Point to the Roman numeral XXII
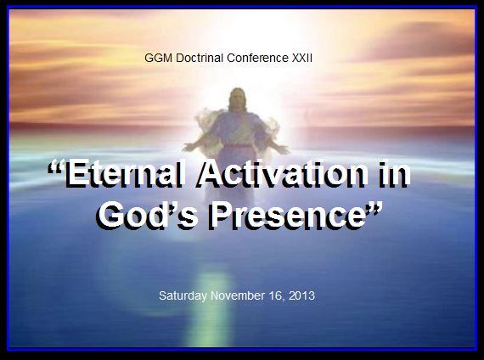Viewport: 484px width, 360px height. [x=302, y=58]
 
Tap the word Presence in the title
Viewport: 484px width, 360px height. [x=286, y=215]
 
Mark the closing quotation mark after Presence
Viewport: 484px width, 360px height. [x=374, y=209]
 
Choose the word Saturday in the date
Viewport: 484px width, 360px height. [x=183, y=295]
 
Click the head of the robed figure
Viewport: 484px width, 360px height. [x=238, y=98]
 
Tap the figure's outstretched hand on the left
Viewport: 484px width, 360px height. [x=189, y=146]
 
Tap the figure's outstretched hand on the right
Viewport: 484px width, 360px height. [x=282, y=149]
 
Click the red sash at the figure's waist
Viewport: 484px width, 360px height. [x=238, y=145]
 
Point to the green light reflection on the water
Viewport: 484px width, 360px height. [x=211, y=306]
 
